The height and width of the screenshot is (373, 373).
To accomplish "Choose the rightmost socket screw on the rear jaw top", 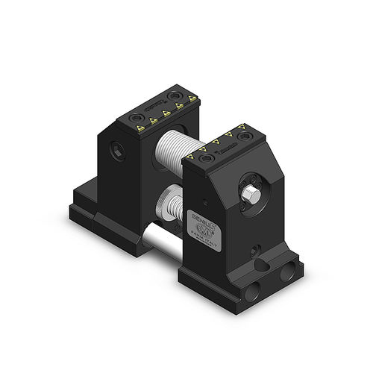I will tap(175, 95).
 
